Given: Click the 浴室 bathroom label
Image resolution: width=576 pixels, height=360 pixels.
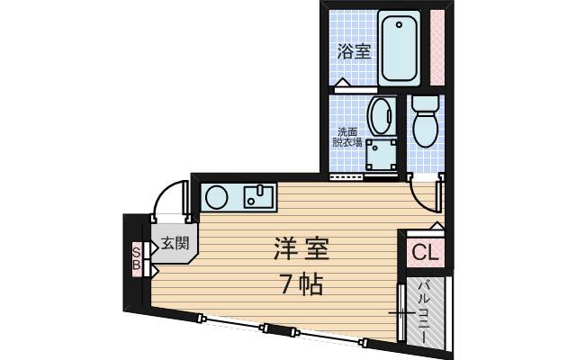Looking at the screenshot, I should click(354, 51).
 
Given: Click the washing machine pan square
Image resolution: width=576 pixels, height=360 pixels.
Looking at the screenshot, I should click(385, 157).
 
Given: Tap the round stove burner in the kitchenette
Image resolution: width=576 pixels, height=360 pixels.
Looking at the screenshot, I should click(217, 195).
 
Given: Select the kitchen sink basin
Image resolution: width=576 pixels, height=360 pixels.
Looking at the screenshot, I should click(259, 196).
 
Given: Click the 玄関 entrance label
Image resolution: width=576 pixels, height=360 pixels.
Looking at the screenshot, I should click(175, 242).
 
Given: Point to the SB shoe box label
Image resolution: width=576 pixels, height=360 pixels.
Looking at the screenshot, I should click(136, 257).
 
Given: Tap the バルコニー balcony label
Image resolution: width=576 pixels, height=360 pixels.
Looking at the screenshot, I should click(424, 310).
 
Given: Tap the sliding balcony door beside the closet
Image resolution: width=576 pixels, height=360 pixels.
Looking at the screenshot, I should click(400, 310).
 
